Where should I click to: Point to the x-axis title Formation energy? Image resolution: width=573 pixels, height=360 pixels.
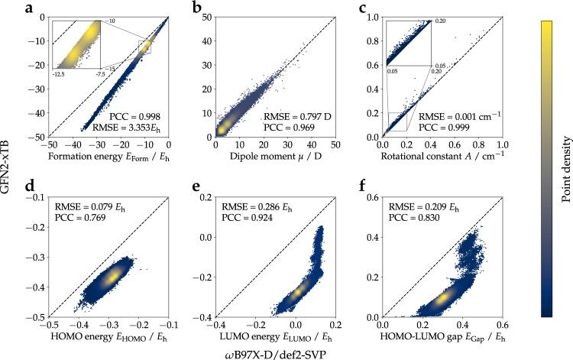click(98, 156)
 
